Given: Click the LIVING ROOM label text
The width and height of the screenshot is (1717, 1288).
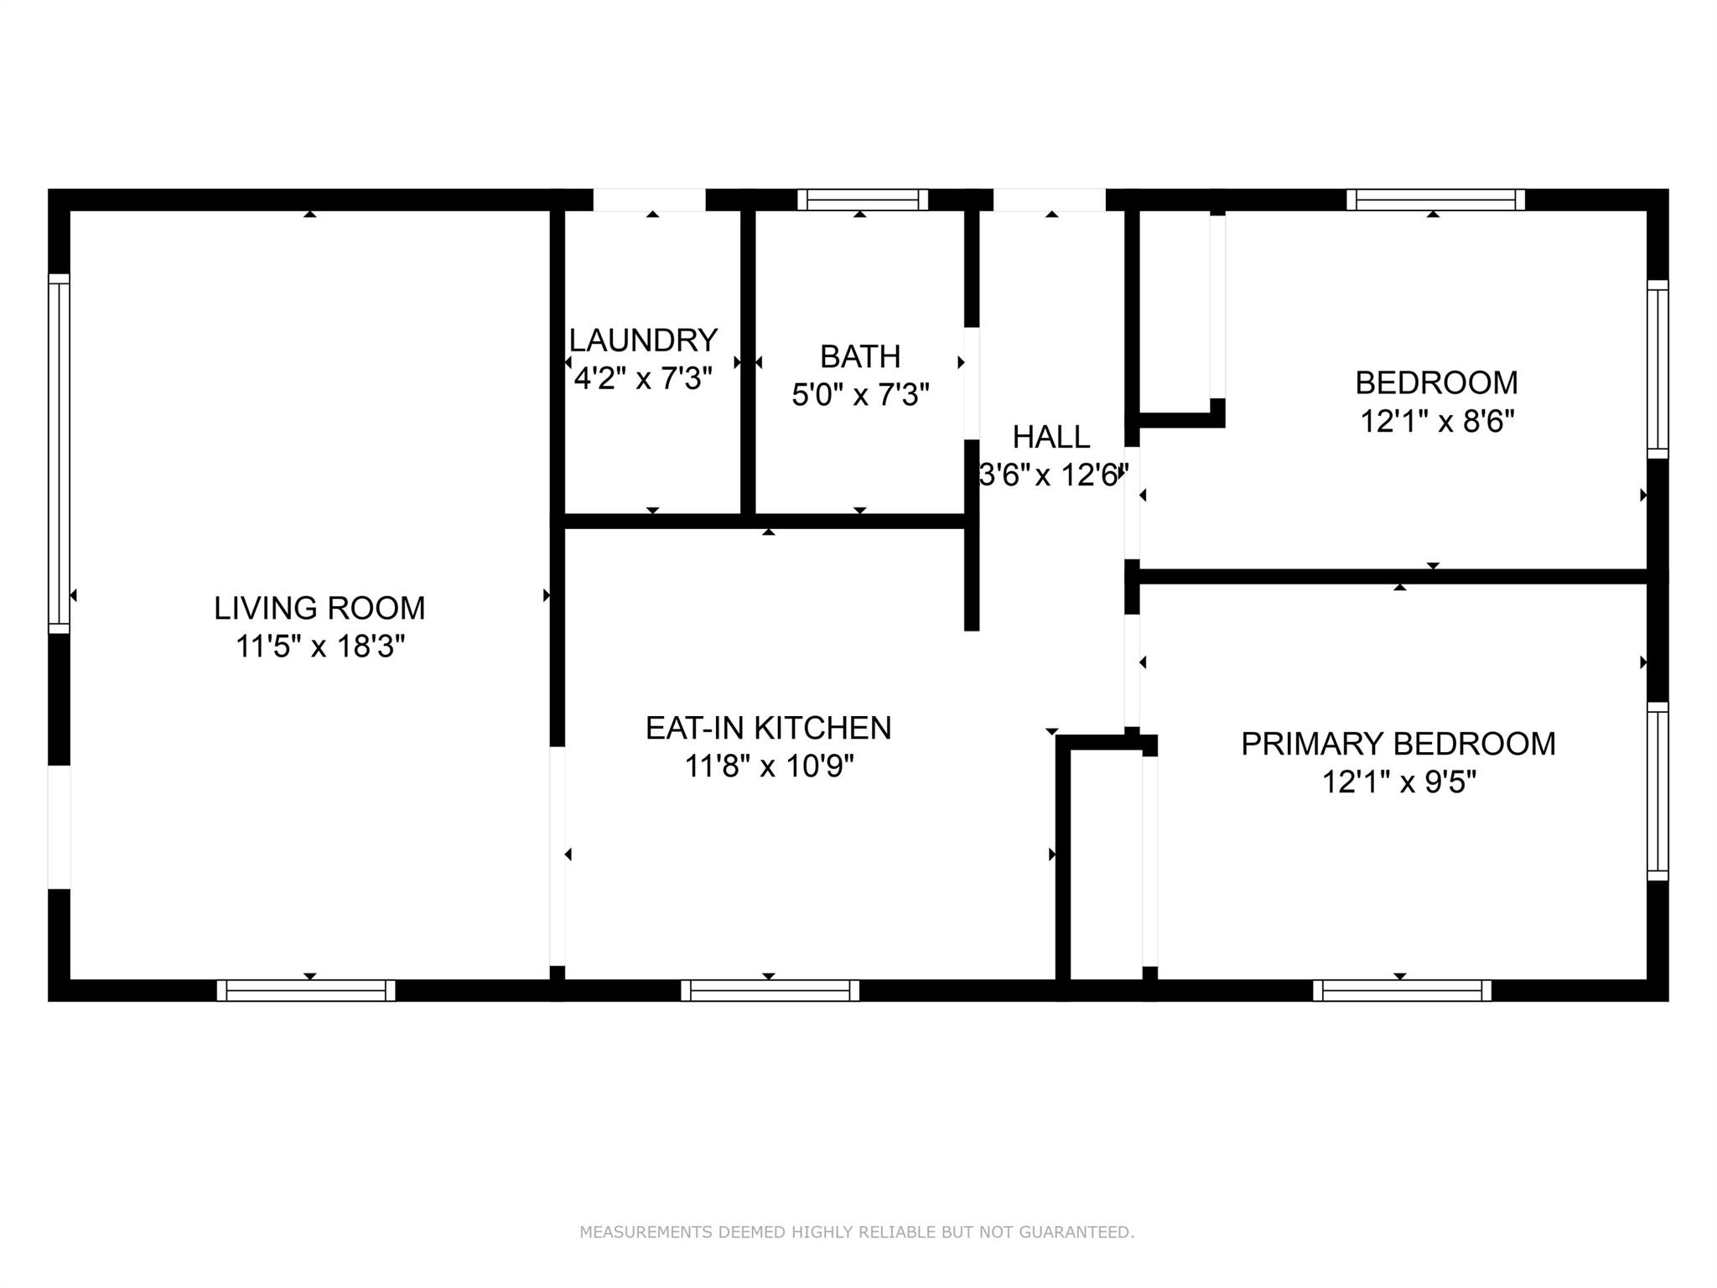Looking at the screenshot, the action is tap(319, 608).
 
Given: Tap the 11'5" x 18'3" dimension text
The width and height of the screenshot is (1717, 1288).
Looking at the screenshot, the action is tap(320, 647).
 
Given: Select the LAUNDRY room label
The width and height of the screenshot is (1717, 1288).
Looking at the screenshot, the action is tap(643, 340).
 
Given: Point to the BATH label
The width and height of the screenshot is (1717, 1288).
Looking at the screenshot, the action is tap(860, 356).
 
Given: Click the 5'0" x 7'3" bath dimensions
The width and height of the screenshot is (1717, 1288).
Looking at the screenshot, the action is tap(861, 394).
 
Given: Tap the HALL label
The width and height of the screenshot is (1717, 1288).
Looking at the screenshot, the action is tap(1051, 437).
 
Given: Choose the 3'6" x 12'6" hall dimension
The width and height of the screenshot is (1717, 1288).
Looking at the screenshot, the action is tap(1053, 475).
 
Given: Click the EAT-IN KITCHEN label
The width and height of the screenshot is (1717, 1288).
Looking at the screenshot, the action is tap(768, 728).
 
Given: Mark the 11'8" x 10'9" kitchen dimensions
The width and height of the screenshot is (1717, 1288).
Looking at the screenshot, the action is tap(769, 766).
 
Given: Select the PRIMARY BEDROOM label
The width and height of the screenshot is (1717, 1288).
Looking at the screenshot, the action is tap(1398, 744).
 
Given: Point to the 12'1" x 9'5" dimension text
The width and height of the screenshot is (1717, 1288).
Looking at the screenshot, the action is tap(1399, 782).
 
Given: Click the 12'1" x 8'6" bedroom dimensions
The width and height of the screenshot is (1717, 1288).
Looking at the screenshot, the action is tap(1437, 421).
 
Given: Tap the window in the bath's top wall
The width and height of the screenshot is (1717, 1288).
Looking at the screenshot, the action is tap(863, 200).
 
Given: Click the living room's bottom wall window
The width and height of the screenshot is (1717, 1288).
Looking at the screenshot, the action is tap(306, 990).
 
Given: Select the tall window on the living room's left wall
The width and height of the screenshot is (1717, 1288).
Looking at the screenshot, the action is tap(59, 454).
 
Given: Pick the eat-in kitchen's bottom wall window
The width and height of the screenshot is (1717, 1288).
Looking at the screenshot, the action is tap(770, 990).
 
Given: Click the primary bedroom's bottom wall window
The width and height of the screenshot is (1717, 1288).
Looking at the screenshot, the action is tap(1402, 990).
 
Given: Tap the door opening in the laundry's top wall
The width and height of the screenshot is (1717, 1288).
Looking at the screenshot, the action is tap(650, 200).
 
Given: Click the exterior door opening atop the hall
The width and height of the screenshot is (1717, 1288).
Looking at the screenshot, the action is tap(1049, 200).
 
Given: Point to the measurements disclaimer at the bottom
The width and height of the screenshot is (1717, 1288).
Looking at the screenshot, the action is tap(857, 1233).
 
